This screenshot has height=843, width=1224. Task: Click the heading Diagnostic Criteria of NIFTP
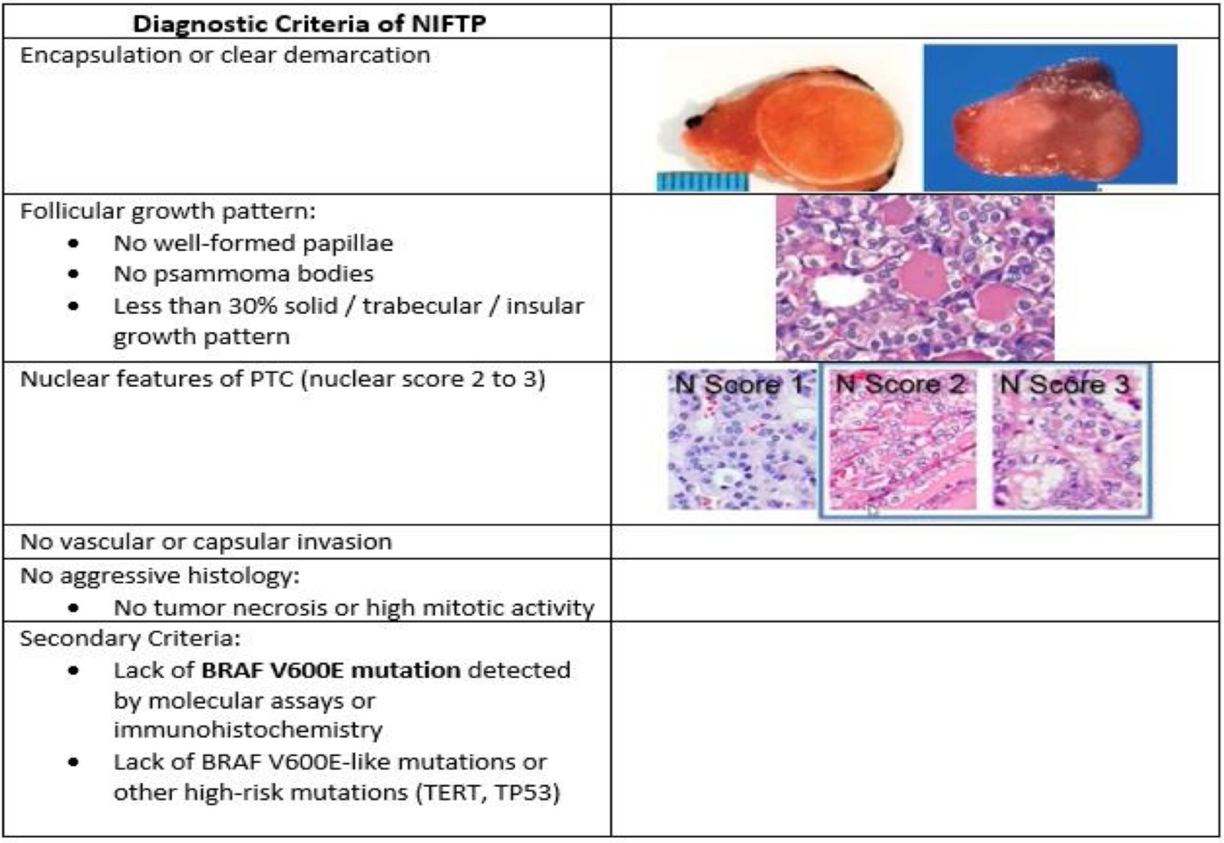309,23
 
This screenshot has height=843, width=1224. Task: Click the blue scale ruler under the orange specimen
703,181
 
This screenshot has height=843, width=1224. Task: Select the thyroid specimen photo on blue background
1050,117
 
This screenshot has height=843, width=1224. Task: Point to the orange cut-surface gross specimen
787,128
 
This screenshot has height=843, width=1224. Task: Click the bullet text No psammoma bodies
243,274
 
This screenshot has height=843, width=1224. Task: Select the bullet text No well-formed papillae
253,243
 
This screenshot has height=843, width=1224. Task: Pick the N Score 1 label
739,385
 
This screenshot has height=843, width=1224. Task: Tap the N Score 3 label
1064,385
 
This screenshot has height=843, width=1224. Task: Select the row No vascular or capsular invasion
206,541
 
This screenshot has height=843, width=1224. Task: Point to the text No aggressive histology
160,575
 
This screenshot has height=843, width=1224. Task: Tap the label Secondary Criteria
130,638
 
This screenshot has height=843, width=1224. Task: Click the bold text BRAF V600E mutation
331,669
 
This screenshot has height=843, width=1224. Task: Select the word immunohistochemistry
248,730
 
